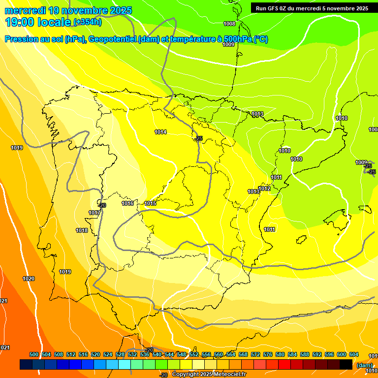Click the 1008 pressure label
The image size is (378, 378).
tap(229, 24)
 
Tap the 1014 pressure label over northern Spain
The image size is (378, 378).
tap(160, 132)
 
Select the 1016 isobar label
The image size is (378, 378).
tap(128, 203)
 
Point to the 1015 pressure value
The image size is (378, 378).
tap(151, 203)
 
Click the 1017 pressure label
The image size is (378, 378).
tap(94, 213)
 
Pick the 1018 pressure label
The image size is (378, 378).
tap(82, 230)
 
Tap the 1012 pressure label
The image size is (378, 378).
tap(265, 189)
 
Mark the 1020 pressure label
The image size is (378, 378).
tap(29, 279)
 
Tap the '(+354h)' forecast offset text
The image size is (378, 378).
tap(88, 22)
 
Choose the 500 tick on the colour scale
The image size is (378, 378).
tap(34, 354)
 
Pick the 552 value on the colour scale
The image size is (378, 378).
tap(194, 354)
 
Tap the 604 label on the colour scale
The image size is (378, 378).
tap(354, 354)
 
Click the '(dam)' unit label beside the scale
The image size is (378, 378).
tap(365, 365)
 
